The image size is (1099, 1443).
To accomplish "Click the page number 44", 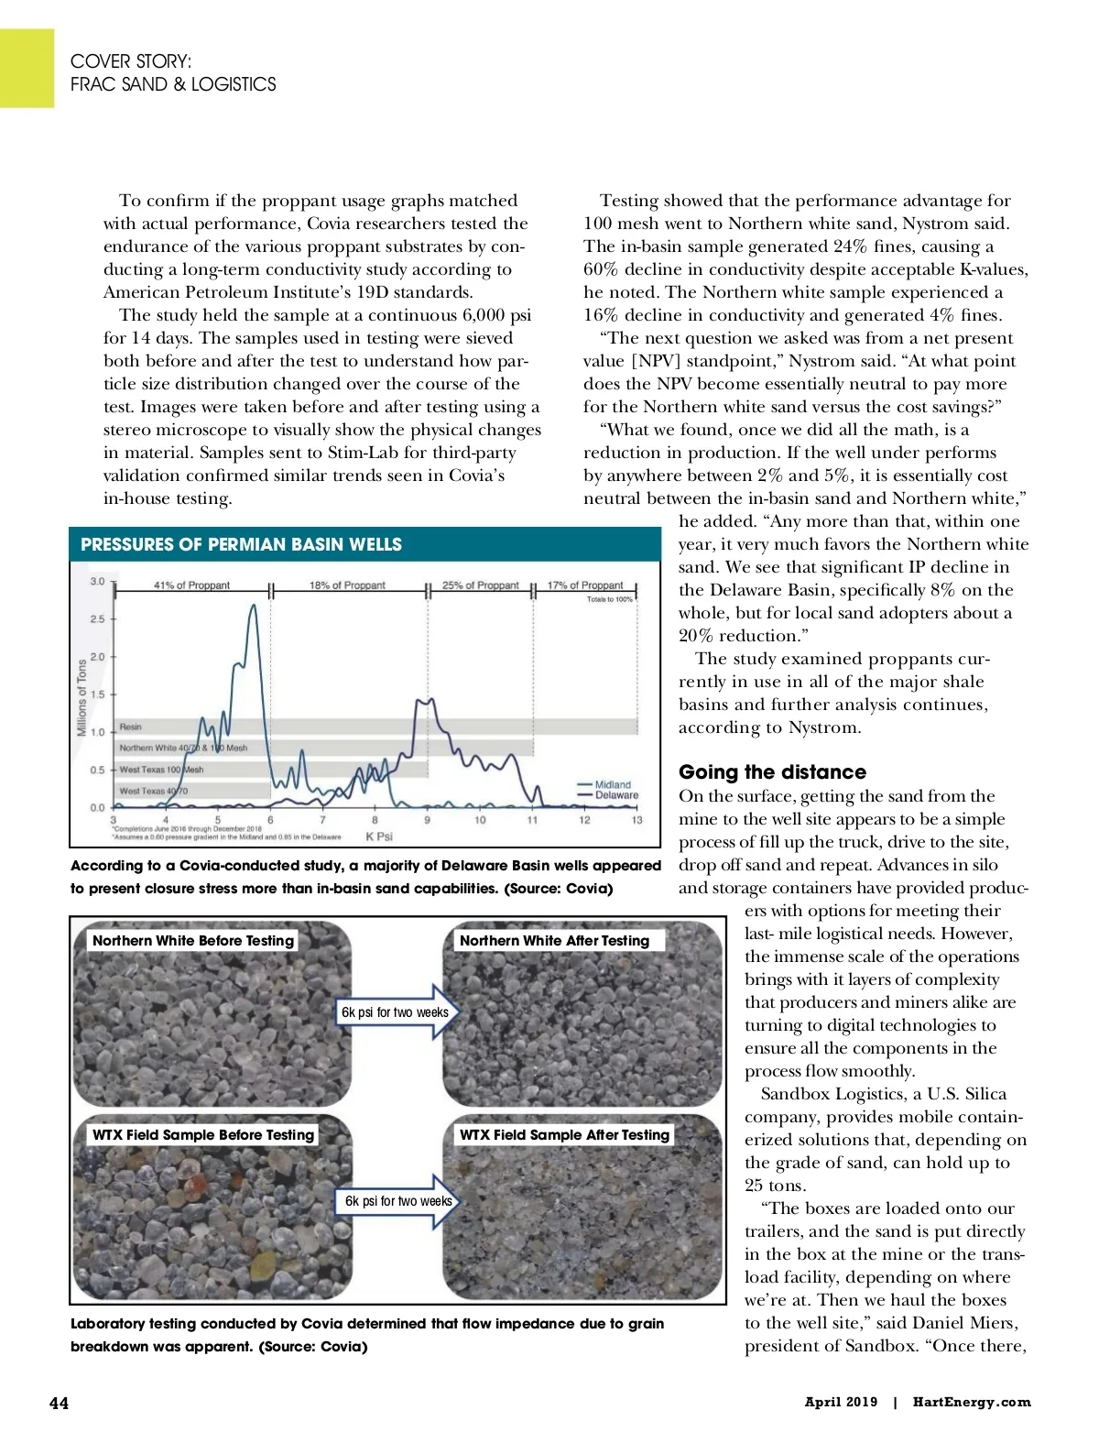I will pyautogui.click(x=59, y=1403).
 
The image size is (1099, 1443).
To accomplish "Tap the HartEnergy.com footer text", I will pyautogui.click(x=971, y=1402).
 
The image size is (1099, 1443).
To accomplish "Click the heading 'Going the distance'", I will pyautogui.click(x=772, y=772).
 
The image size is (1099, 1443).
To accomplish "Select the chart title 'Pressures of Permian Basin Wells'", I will pyautogui.click(x=241, y=544).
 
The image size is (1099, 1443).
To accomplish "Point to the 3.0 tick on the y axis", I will pyautogui.click(x=97, y=581).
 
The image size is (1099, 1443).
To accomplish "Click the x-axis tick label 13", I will pyautogui.click(x=637, y=820).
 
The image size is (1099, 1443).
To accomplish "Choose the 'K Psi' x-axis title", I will pyautogui.click(x=379, y=836).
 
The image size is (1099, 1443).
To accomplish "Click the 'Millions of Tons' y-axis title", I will pyautogui.click(x=82, y=696).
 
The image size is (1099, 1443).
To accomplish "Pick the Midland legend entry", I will pyautogui.click(x=612, y=784).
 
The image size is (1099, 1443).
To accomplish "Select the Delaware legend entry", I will pyautogui.click(x=615, y=795).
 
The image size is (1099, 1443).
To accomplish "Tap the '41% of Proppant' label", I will pyautogui.click(x=191, y=585).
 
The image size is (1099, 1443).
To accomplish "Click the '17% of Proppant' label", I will pyautogui.click(x=585, y=585).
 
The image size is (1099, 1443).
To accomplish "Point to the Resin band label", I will pyautogui.click(x=131, y=727).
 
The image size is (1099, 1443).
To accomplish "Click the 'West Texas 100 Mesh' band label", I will pyautogui.click(x=161, y=770).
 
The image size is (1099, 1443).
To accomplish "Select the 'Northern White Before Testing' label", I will pyautogui.click(x=193, y=940).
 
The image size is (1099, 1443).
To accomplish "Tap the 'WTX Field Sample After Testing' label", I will pyautogui.click(x=564, y=1134).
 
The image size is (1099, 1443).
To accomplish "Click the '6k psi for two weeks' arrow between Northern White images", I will pyautogui.click(x=397, y=1012).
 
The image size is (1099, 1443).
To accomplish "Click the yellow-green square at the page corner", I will pyautogui.click(x=27, y=68).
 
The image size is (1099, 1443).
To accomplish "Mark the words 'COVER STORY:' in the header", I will pyautogui.click(x=131, y=61).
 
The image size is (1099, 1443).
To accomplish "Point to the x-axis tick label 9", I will pyautogui.click(x=427, y=820).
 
